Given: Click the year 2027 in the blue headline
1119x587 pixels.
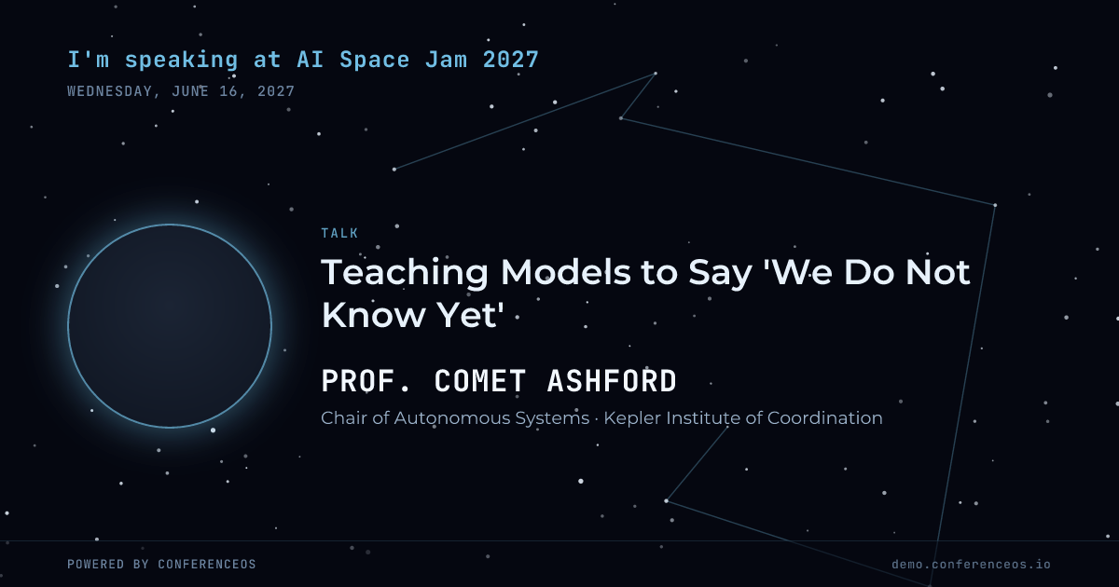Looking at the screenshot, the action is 511,60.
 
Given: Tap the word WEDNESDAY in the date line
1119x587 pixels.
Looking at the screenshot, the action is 110,92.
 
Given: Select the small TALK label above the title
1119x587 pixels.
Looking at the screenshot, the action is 339,233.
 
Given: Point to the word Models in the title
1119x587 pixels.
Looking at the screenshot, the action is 565,272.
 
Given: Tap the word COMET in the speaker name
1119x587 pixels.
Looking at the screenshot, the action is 480,381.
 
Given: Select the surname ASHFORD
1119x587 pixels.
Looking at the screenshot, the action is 612,381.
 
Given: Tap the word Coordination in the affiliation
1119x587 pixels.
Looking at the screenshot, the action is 824,418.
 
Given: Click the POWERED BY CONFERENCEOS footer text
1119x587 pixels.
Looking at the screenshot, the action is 161,565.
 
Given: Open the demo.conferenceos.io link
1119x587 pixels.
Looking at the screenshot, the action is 971,565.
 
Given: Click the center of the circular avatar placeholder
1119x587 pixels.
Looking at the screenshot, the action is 170,326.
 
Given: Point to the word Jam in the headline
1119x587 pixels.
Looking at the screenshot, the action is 446,60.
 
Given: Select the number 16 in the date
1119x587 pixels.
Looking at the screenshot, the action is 228,92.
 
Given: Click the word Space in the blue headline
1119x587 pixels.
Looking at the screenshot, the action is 375,61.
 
